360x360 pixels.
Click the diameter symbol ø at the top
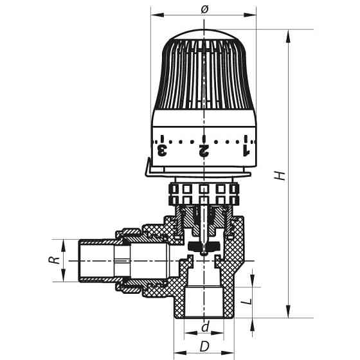204,8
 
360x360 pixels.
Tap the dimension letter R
56,260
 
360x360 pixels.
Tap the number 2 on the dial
204,150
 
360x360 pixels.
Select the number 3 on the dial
163,150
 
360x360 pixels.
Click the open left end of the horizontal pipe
79,260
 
